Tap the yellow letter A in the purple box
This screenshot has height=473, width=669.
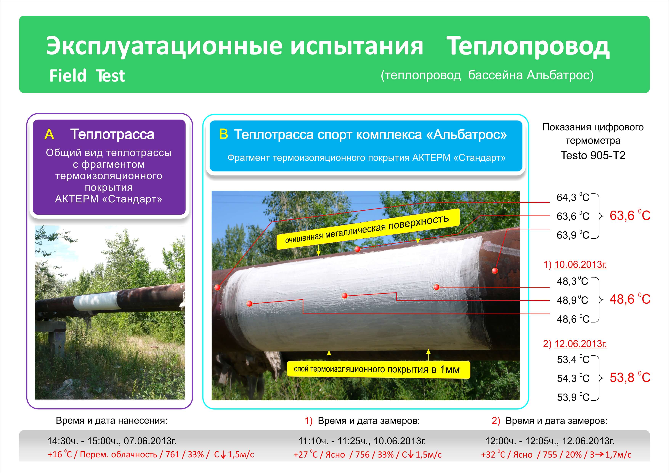[x=49, y=135]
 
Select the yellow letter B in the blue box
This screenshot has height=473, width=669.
[x=224, y=134]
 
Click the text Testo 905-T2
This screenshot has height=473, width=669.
[x=593, y=155]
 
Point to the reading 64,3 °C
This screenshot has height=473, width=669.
[x=573, y=197]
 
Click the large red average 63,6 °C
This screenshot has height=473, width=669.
[x=630, y=216]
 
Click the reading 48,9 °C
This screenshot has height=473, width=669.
[x=572, y=300]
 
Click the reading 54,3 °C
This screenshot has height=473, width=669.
[x=573, y=378]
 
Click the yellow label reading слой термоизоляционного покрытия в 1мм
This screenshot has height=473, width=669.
[x=378, y=370]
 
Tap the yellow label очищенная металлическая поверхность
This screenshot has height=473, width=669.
[x=368, y=229]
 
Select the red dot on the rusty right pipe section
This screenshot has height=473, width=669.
[x=495, y=271]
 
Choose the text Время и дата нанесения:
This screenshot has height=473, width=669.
[x=112, y=421]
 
